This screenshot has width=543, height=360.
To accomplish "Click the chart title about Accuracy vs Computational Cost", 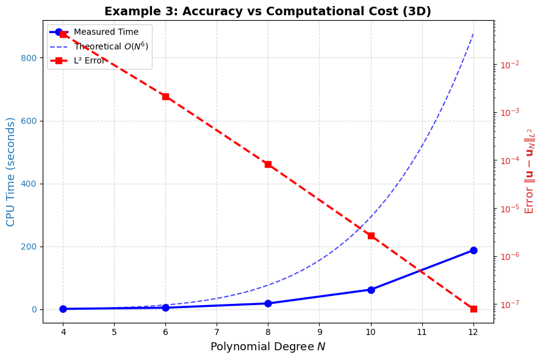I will tap(267, 12).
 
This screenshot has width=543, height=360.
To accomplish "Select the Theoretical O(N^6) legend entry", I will tap(110, 46).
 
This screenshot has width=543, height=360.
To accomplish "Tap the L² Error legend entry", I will tap(89, 60).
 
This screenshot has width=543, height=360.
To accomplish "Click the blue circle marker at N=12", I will tap(473, 250).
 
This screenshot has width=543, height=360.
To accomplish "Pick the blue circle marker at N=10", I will tap(371, 290).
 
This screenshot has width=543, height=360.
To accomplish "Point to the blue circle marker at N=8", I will tap(268, 303).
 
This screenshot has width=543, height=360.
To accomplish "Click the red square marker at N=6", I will tap(165, 96).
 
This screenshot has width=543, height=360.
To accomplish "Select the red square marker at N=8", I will tap(268, 164).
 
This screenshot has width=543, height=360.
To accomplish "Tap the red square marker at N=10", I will tap(371, 236).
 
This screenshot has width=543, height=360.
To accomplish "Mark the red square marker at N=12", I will tap(473, 309).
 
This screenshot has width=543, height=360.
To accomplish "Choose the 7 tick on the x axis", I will tap(217, 332).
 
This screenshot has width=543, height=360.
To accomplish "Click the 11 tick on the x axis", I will tap(422, 332).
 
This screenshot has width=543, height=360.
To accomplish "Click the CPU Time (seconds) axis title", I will tap(11, 171).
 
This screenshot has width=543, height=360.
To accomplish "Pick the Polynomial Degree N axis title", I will tap(268, 347).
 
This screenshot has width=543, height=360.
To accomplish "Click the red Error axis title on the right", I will tap(530, 171).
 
